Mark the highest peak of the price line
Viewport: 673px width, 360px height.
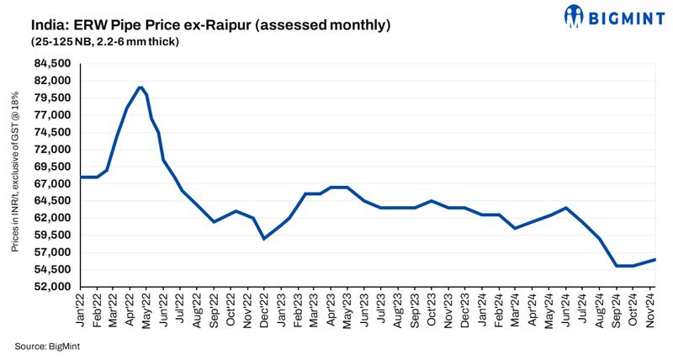point(140,87)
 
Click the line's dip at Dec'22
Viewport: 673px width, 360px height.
point(264,239)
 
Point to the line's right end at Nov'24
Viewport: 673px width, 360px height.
point(655,259)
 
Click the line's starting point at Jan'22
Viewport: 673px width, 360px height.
point(82,177)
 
